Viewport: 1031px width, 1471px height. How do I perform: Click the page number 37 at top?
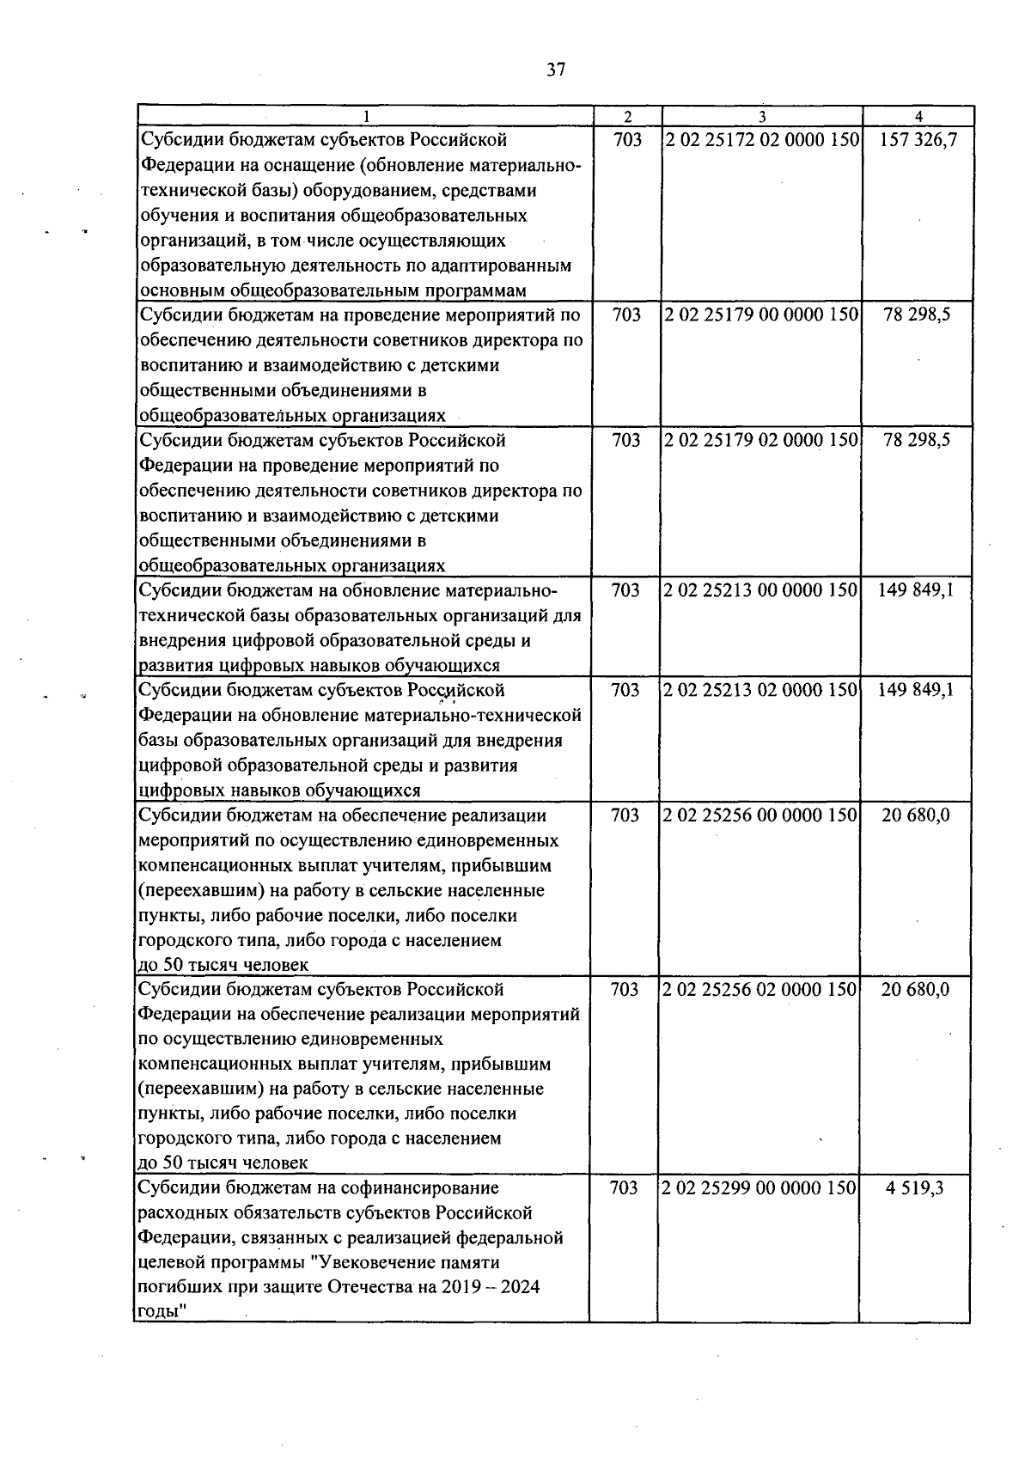[556, 70]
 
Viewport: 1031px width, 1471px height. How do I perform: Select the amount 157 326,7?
[918, 140]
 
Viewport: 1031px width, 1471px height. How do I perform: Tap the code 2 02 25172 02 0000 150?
[762, 140]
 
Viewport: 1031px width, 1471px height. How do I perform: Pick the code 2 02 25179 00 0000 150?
[761, 315]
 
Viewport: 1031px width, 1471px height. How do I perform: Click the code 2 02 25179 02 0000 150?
[761, 441]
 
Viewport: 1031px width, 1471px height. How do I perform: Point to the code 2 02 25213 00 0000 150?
[760, 590]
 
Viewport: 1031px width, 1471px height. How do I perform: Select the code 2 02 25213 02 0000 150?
[760, 690]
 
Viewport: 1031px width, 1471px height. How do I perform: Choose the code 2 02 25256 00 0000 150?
[760, 815]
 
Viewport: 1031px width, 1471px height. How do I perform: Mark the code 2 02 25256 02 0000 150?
[760, 990]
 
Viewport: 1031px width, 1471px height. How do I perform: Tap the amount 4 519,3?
[915, 1188]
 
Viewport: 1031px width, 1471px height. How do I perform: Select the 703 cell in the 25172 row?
[628, 140]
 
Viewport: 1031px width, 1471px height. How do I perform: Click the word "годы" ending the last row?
[161, 1313]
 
